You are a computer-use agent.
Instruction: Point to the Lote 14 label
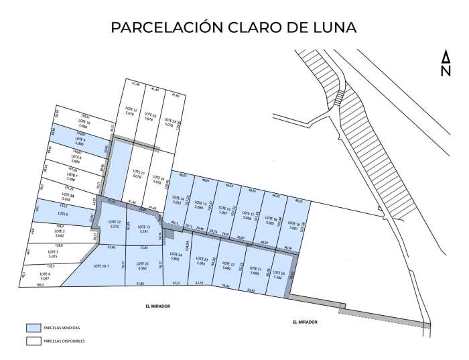pos(178,200)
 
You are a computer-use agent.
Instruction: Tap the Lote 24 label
pos(176,257)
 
